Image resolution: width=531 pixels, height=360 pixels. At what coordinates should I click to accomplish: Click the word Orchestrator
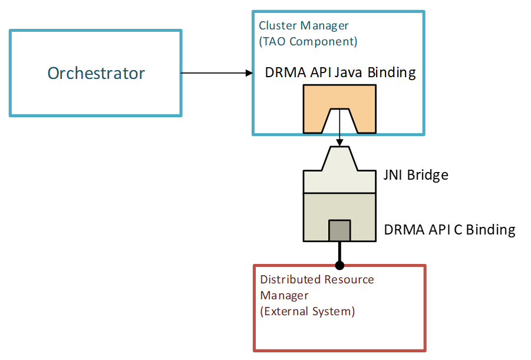tap(96, 73)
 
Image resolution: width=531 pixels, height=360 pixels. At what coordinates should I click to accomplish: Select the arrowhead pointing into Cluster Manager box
tap(249, 73)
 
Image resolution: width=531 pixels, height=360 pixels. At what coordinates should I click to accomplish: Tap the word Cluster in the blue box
tap(278, 25)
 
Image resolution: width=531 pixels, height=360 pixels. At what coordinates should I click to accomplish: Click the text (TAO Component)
tap(308, 41)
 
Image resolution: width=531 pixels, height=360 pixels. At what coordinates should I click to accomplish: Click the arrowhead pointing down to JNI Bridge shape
tap(339, 142)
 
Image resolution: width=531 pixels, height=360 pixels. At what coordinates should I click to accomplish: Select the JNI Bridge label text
tap(416, 175)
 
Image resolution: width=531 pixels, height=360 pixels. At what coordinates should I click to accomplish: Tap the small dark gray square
tap(339, 230)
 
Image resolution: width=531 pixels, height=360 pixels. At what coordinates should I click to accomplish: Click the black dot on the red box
tap(339, 265)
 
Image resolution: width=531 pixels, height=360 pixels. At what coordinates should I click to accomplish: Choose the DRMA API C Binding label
tap(450, 230)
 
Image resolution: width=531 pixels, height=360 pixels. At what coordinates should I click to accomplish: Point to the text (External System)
tap(308, 311)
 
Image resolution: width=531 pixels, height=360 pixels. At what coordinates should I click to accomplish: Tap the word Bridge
tap(428, 175)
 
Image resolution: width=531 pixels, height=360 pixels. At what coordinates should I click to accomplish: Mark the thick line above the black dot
tap(339, 251)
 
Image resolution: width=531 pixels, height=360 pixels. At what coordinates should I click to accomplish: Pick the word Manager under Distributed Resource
tap(284, 296)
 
